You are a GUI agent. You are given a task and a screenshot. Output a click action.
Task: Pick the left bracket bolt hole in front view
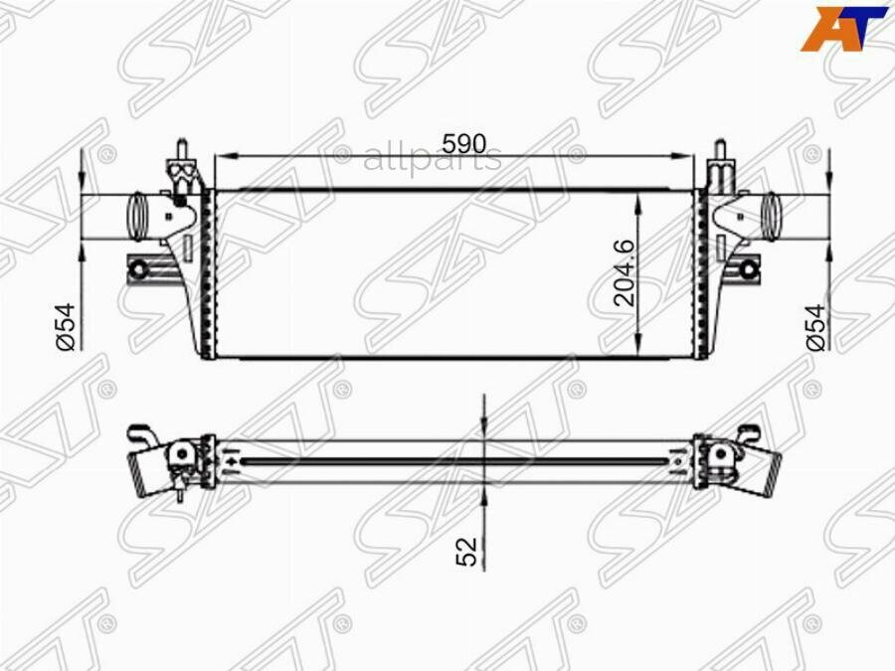141,267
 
